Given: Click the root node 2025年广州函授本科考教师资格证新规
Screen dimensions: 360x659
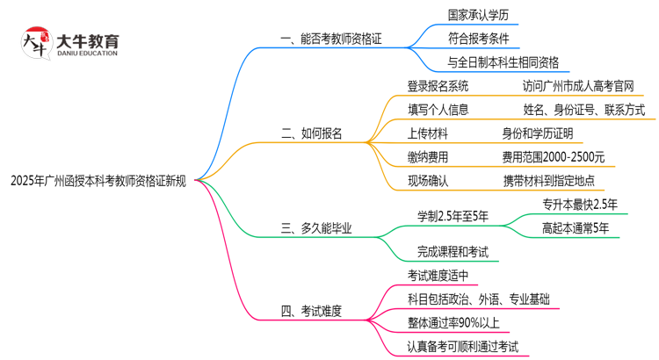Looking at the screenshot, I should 98,181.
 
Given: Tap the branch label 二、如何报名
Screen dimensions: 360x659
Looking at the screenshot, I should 311,133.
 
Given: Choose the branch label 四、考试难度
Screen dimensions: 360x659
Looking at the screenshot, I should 311,310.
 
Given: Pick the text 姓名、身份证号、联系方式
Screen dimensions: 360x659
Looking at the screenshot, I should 583,110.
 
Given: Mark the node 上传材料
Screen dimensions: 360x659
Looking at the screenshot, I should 428,133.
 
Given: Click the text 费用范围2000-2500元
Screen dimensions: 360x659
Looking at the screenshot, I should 553,157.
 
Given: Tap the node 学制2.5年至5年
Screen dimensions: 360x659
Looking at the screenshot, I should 453,216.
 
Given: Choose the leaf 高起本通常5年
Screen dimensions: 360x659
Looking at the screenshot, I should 575,228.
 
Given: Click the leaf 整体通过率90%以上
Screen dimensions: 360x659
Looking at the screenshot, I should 458,322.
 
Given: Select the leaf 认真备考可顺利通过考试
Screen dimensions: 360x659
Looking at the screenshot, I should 463,346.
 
